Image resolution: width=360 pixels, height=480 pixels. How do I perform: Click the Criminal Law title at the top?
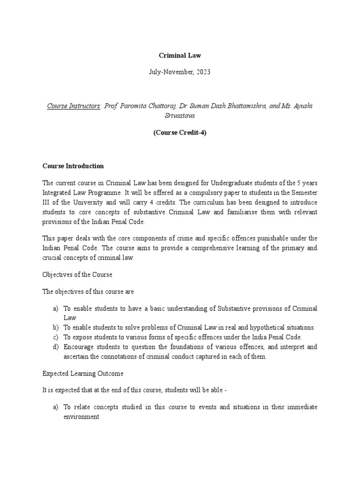[180, 55]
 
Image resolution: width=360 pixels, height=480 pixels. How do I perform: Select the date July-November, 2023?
[180, 72]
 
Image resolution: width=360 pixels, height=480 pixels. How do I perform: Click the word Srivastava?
[180, 115]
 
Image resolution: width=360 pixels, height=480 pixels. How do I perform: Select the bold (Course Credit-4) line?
[180, 132]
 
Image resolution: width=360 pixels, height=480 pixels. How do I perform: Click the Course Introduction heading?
[73, 166]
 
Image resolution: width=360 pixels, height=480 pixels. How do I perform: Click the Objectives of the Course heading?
[77, 275]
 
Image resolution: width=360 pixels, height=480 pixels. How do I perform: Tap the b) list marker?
[56, 327]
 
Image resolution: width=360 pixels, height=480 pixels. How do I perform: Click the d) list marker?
[56, 347]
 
